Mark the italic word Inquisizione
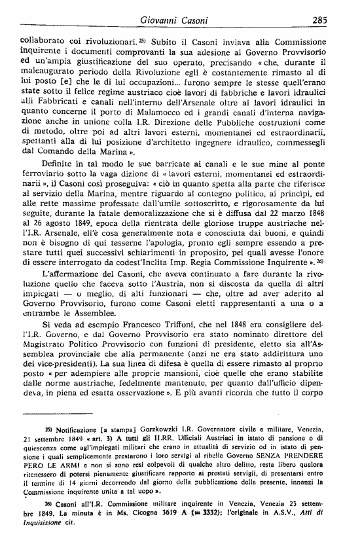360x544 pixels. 44,524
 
